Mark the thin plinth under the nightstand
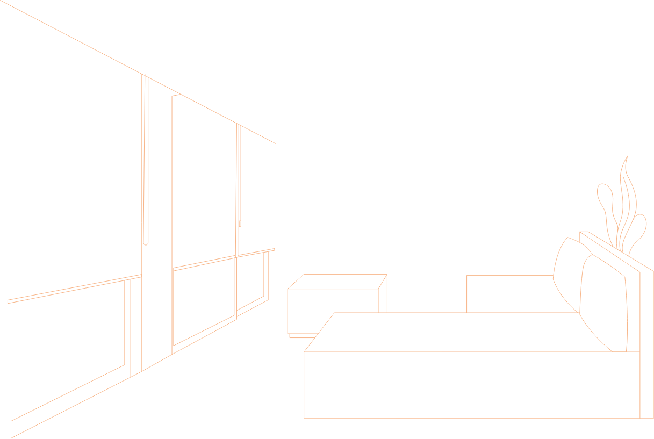pos(301,336)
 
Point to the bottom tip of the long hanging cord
pos(146,243)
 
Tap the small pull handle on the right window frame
pos(240,224)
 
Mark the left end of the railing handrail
pos(9,301)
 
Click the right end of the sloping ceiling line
pos(275,143)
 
